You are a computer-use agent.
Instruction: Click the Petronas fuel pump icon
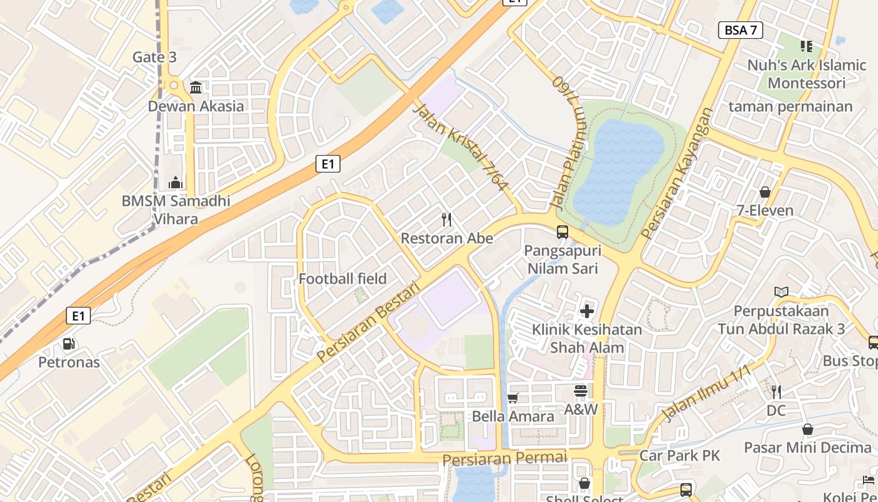[69, 344]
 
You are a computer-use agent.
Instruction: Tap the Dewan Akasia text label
[196, 106]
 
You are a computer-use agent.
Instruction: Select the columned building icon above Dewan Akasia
[196, 87]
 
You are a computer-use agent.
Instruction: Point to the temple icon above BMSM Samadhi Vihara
[176, 183]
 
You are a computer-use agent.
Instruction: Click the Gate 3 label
[154, 57]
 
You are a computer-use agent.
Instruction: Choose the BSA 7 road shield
[740, 30]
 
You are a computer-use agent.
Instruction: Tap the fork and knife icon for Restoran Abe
[447, 220]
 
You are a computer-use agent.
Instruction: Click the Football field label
[342, 279]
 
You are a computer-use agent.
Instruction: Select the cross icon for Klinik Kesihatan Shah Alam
[587, 311]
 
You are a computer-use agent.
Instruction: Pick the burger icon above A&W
[580, 391]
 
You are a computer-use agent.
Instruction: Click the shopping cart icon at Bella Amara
[512, 398]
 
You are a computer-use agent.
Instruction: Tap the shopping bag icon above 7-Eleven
[764, 192]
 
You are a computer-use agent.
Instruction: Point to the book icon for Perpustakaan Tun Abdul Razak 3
[781, 292]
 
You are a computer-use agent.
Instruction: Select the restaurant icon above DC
[776, 392]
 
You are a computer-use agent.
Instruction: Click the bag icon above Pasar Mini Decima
[807, 430]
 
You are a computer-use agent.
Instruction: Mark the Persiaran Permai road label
[504, 458]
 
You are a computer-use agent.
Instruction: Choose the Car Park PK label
[679, 455]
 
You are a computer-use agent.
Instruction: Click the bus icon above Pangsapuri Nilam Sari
[563, 232]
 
